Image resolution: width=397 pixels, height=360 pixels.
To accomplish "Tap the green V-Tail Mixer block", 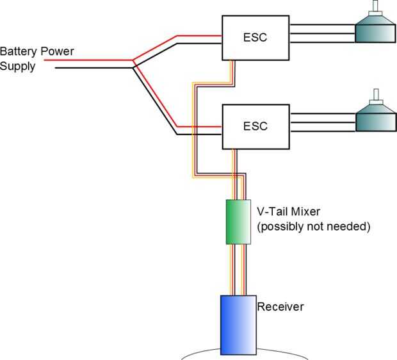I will pyautogui.click(x=238, y=222).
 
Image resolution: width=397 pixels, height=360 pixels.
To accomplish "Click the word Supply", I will pyautogui.click(x=17, y=66).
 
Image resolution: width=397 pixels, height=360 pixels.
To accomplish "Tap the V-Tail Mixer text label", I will pyautogui.click(x=293, y=211).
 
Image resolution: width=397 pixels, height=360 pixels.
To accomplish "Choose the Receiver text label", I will pyautogui.click(x=280, y=307).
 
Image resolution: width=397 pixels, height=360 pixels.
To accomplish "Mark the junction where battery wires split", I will pyautogui.click(x=133, y=63).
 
